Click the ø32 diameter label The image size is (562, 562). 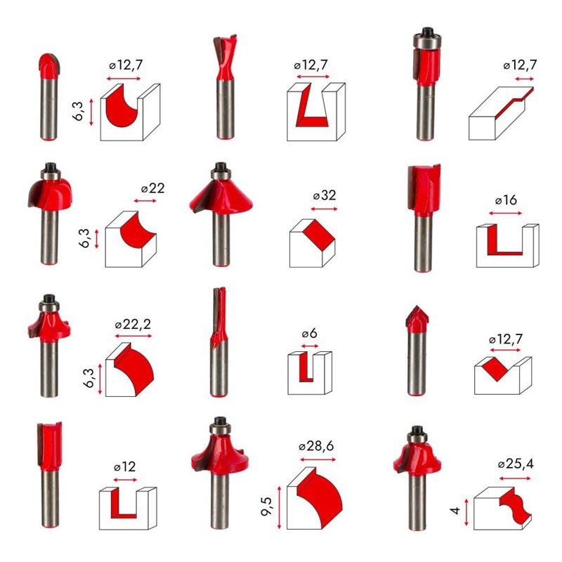325,195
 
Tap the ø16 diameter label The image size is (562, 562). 506,200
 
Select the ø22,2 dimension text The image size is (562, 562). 133,325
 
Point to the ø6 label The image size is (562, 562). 309,334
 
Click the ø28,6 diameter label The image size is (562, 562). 316,446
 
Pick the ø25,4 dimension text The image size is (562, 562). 516,464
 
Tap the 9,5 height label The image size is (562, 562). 267,507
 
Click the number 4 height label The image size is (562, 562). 455,511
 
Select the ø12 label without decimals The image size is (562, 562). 125,466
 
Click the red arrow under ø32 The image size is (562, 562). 324,209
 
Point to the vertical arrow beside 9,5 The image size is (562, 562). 279,507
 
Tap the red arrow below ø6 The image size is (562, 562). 310,346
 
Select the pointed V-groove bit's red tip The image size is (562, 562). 417,319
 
